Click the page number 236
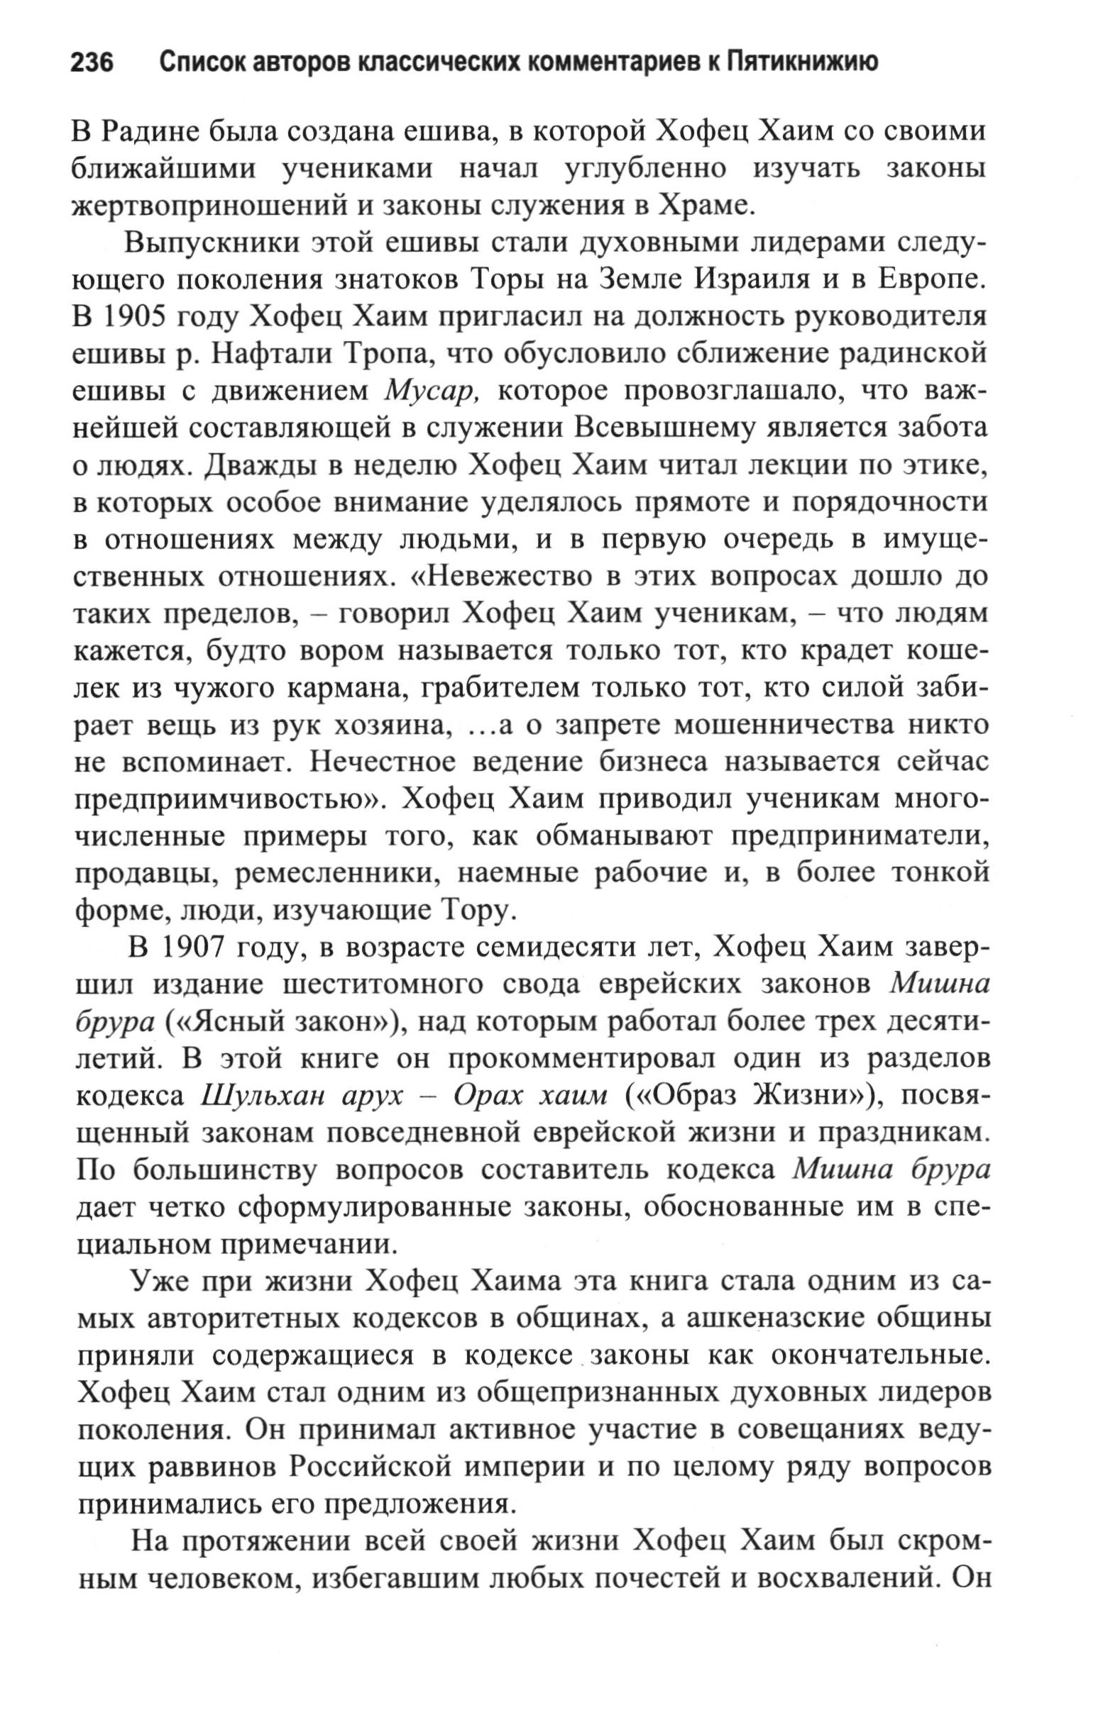tap(92, 63)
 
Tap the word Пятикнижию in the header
tap(801, 63)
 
